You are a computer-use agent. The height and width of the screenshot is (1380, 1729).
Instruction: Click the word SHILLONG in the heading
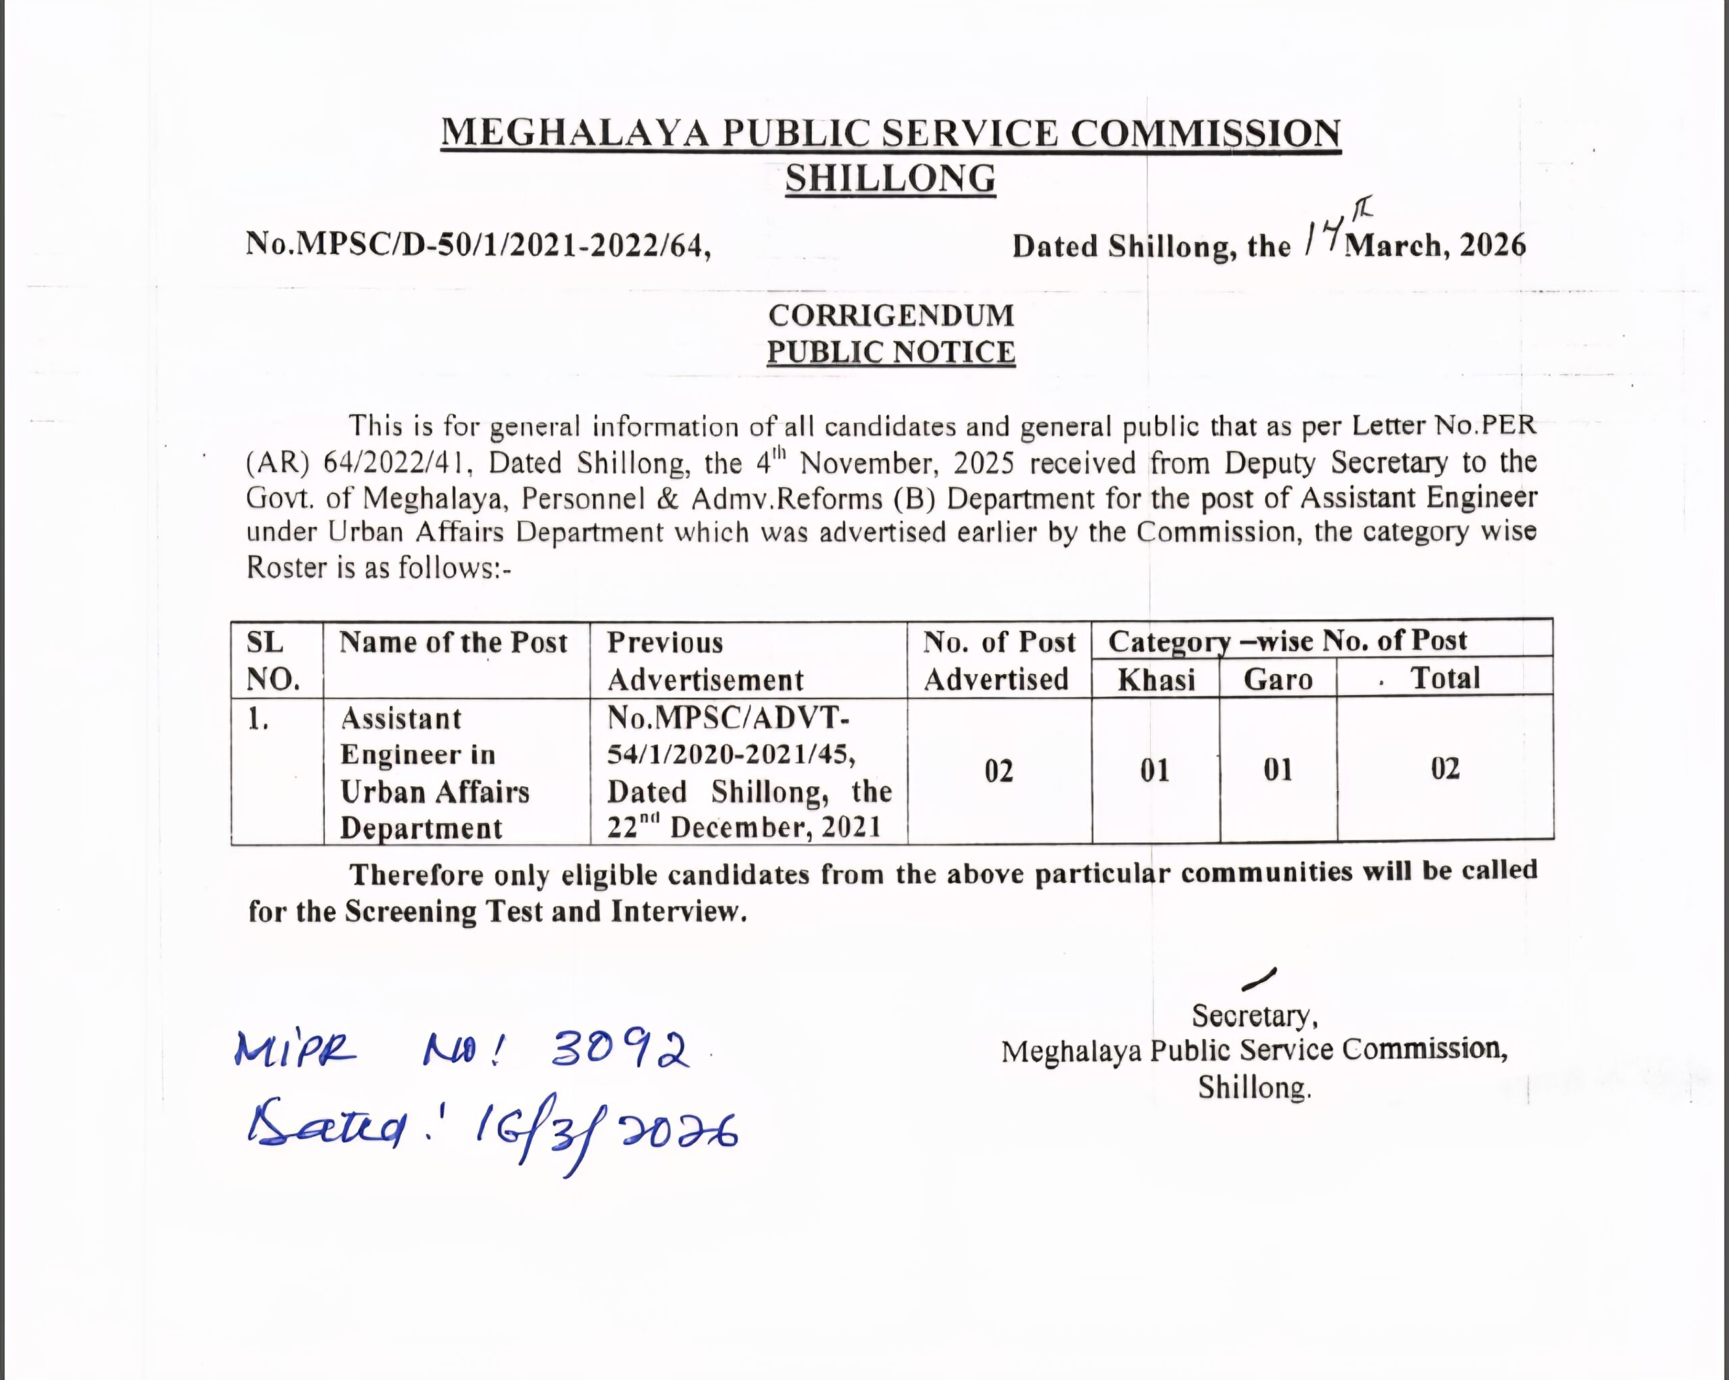pyautogui.click(x=890, y=178)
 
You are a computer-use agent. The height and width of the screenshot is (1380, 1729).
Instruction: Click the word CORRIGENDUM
pyautogui.click(x=891, y=315)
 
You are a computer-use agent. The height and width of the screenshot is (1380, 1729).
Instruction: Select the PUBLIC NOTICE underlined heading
pyautogui.click(x=891, y=352)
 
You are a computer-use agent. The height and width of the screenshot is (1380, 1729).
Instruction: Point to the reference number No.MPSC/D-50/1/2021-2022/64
pyautogui.click(x=478, y=244)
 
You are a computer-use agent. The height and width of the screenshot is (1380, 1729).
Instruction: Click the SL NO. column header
pyautogui.click(x=273, y=661)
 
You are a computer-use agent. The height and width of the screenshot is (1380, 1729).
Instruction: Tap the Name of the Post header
pyautogui.click(x=453, y=642)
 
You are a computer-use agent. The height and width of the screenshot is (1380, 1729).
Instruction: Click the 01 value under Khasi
pyautogui.click(x=1155, y=771)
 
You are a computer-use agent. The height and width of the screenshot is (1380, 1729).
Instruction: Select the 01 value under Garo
pyautogui.click(x=1278, y=770)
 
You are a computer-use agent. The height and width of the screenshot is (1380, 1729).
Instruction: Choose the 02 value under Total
pyautogui.click(x=1445, y=769)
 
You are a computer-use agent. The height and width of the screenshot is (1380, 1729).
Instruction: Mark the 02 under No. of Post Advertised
pyautogui.click(x=998, y=771)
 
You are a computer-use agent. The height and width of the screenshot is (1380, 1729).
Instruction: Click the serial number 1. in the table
pyautogui.click(x=257, y=720)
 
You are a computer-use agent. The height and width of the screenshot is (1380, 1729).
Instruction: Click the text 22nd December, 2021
pyautogui.click(x=744, y=827)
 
